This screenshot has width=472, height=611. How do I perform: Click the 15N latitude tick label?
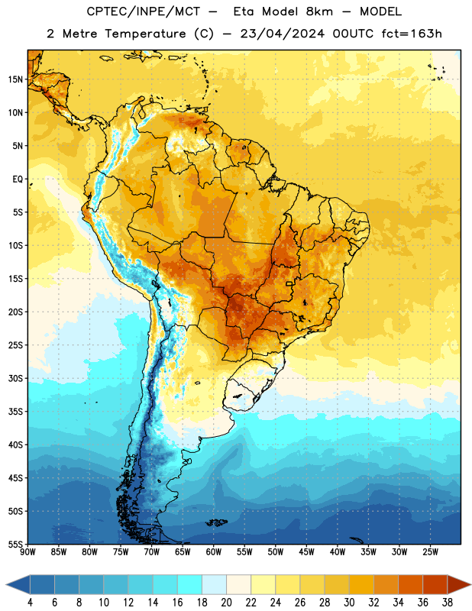15,79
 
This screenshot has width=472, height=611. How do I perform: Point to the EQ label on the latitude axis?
18,179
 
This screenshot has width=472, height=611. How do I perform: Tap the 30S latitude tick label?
15,378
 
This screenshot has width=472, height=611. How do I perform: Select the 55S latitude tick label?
15,544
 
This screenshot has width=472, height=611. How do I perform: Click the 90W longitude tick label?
27,552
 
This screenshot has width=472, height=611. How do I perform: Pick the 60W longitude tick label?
214,552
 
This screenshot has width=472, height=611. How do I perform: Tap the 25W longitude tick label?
430,552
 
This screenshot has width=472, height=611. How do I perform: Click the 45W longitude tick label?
306,552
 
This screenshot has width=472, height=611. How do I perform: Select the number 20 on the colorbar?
226,603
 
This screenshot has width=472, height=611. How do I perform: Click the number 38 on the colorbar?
448,603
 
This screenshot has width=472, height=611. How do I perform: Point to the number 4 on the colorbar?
30,603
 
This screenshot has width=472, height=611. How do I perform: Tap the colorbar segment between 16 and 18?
190,585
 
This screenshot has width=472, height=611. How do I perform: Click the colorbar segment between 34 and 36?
411,585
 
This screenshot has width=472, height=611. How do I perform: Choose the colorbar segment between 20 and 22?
239,585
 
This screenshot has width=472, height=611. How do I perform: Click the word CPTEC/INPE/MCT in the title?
144,11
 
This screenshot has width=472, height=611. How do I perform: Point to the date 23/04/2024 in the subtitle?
282,34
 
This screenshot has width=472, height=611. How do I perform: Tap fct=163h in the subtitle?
412,34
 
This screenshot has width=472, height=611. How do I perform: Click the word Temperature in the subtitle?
145,34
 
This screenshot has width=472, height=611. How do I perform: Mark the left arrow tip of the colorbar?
6,585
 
